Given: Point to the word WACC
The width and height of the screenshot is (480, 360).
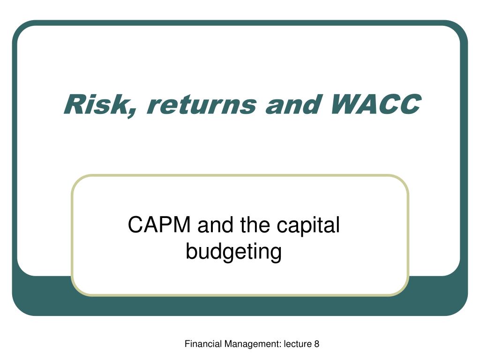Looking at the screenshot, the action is click(x=376, y=104).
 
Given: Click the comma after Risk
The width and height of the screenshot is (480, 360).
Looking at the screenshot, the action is click(x=133, y=113).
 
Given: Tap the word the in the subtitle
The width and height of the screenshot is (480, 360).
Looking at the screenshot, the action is click(x=255, y=225).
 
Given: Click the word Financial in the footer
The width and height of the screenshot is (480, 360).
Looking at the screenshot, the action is click(x=203, y=344).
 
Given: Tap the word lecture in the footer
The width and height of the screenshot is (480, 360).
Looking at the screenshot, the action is click(x=298, y=344).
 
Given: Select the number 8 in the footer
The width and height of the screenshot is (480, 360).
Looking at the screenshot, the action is click(x=316, y=344).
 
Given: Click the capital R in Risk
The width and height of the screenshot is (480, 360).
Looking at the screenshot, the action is click(x=76, y=105).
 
